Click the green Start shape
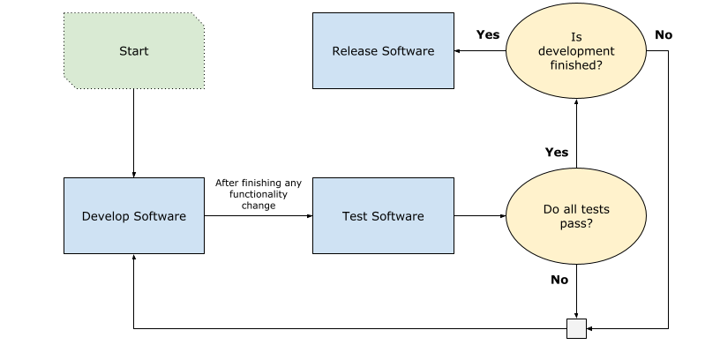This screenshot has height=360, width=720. (x=134, y=51)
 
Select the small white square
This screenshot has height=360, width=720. (x=576, y=328)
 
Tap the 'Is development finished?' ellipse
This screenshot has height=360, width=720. (x=576, y=51)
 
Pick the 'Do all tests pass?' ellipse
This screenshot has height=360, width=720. (x=576, y=216)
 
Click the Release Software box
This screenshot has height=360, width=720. (x=383, y=51)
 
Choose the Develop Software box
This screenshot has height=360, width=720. (x=134, y=216)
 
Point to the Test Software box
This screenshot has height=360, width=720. (x=383, y=216)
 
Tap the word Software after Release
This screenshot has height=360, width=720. (x=408, y=51)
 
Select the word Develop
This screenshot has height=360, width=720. (x=105, y=216)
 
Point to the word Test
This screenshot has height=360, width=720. (x=355, y=216)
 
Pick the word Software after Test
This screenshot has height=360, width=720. (x=398, y=216)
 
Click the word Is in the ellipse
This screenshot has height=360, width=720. (x=576, y=37)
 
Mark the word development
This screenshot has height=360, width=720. (x=576, y=51)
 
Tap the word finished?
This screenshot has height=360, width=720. (x=576, y=65)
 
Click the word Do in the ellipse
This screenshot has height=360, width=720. (x=551, y=210)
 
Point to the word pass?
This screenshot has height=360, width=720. (x=576, y=224)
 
